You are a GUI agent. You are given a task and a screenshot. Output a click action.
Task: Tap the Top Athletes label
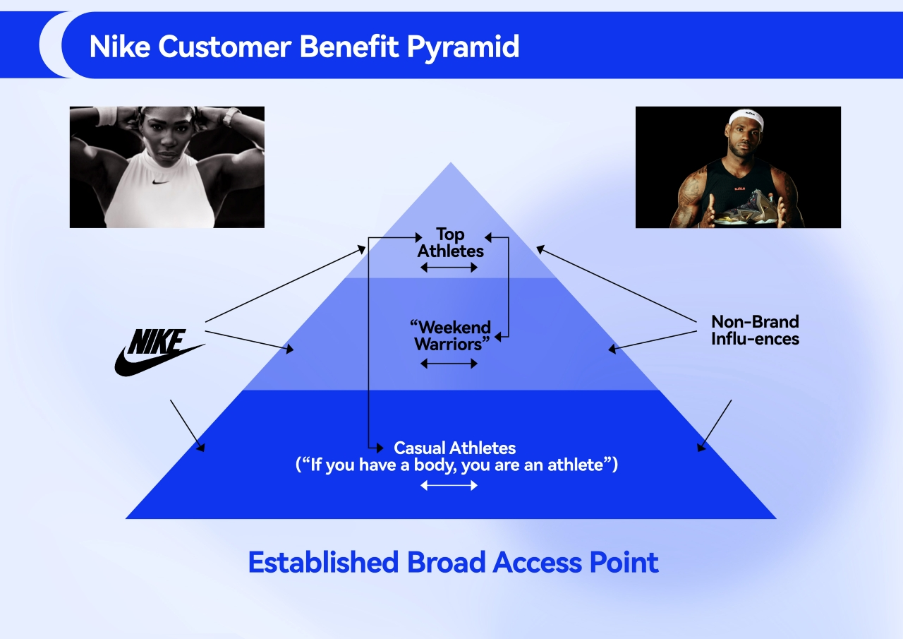[450, 242]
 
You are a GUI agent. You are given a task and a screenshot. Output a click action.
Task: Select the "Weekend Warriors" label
[450, 335]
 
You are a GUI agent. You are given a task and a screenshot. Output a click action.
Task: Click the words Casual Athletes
[454, 448]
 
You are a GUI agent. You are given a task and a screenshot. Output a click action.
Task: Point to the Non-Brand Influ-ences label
[755, 330]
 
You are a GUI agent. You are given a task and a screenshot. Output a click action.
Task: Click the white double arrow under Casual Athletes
[449, 485]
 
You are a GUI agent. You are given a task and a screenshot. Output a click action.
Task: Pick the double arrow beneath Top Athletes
[449, 267]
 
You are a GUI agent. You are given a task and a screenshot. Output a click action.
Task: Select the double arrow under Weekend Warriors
[449, 363]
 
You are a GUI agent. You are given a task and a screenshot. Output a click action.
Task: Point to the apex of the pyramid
[450, 165]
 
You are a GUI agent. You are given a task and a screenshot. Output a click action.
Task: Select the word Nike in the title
[120, 47]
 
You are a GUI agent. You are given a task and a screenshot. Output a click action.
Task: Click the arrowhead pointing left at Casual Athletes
[380, 448]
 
